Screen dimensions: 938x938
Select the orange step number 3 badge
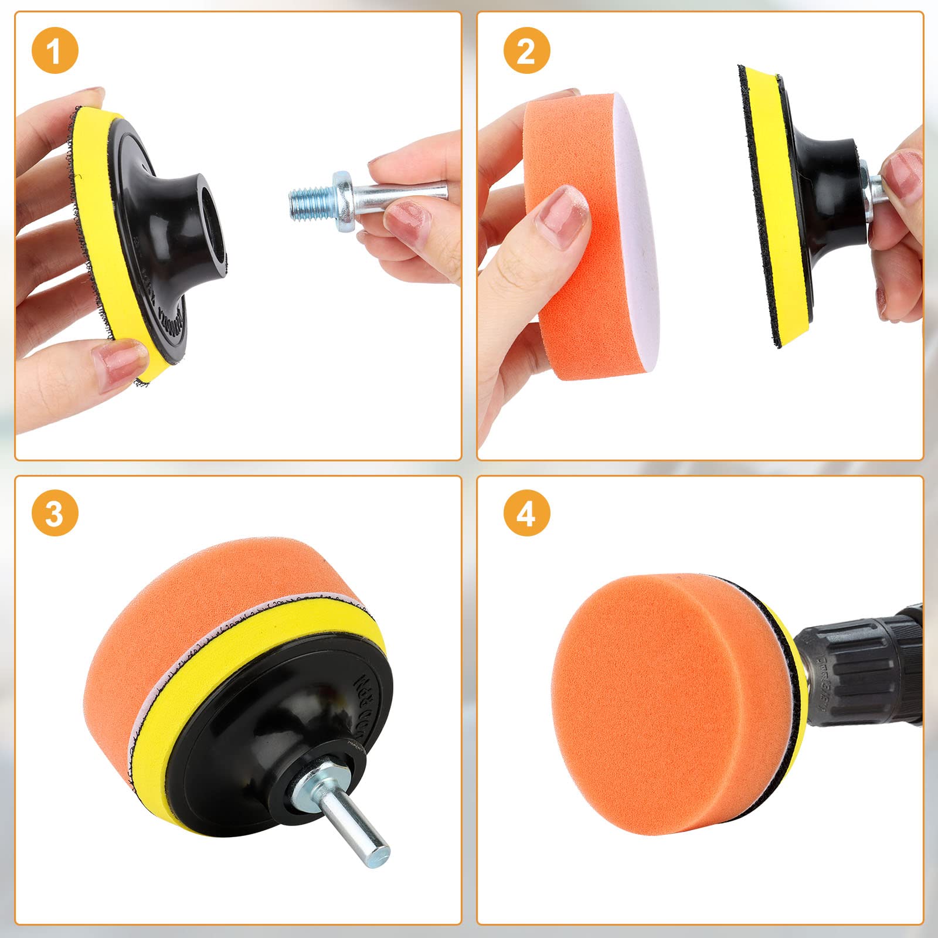(x=55, y=513)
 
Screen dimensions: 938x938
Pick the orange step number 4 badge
(x=526, y=513)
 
